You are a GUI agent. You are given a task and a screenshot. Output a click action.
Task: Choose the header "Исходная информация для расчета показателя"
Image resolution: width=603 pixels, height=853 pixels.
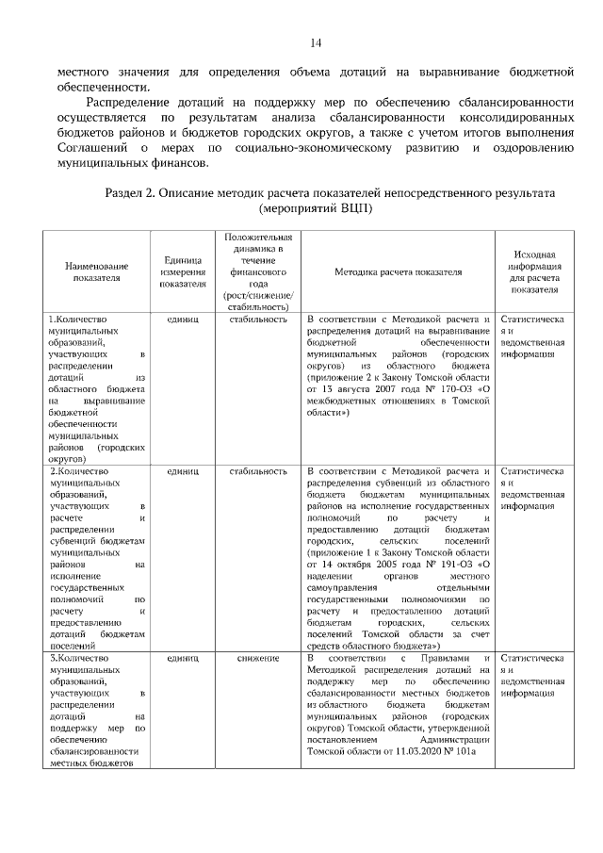coord(533,271)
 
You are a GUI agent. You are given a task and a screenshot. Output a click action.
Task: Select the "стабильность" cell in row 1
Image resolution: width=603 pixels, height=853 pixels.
coord(257,320)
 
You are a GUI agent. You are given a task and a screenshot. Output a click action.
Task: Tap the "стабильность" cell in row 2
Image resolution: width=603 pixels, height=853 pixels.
coord(257,470)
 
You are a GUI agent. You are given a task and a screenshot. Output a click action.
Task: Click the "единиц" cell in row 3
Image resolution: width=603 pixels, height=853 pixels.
coord(183,657)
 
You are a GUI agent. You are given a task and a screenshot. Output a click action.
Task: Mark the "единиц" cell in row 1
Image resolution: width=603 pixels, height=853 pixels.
coord(183,320)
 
